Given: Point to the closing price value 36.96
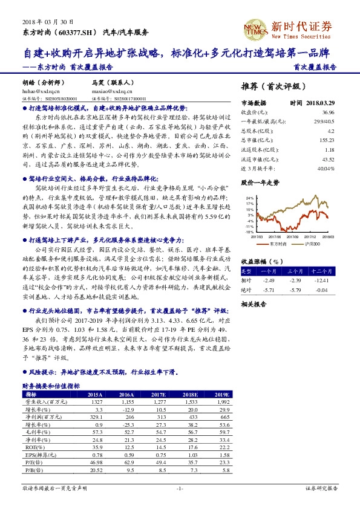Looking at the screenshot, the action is [x=327, y=112].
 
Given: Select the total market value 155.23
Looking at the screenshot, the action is [x=326, y=140].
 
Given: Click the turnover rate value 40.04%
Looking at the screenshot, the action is [x=326, y=167].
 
